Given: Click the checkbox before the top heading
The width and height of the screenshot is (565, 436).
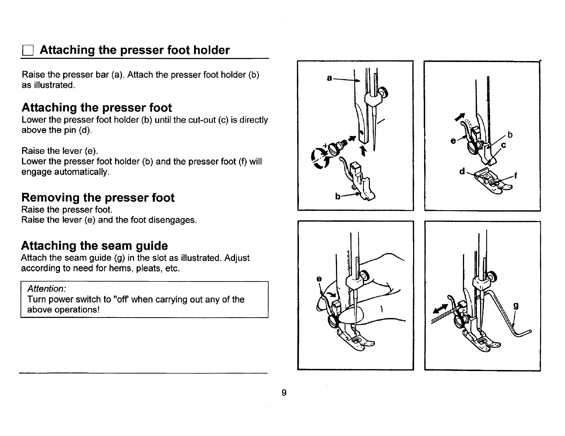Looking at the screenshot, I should tap(27, 51).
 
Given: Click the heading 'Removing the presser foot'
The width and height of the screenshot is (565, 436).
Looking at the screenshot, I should tap(98, 198).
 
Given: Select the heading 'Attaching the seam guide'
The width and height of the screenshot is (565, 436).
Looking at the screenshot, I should tap(95, 246).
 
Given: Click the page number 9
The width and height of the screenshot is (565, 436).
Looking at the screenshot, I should tap(284, 393).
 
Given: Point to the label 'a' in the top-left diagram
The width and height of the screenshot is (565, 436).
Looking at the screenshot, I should tap(330, 77).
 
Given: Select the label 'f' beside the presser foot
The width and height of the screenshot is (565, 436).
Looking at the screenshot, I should tap(516, 176).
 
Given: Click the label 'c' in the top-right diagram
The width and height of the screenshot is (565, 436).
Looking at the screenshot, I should tap(504, 146).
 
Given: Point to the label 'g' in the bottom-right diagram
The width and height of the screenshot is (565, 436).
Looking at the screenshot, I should tap(516, 306).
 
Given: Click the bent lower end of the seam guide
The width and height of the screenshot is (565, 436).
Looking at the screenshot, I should tap(523, 333).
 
